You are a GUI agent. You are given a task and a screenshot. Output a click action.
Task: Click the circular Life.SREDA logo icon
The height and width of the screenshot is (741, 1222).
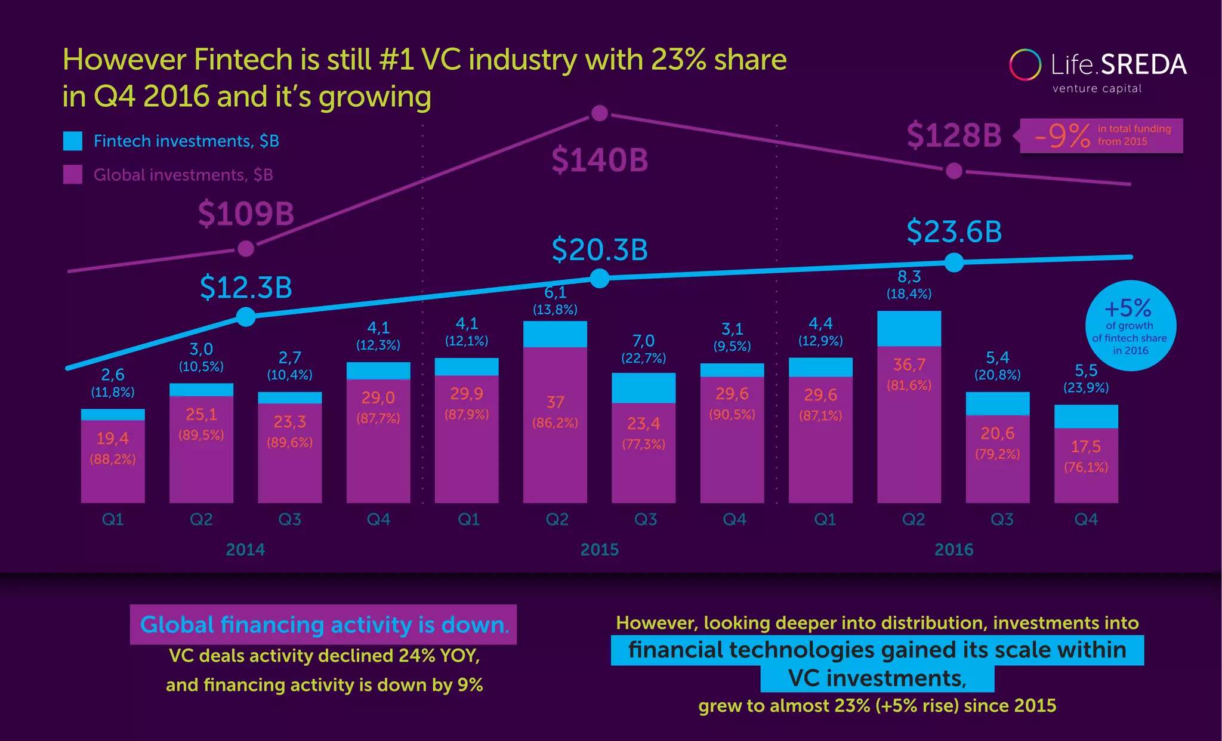pos(1025,64)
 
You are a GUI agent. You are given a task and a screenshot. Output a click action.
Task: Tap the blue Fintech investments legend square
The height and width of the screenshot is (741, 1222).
pos(73,141)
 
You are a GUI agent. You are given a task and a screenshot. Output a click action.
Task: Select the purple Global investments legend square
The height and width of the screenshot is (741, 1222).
pos(73,174)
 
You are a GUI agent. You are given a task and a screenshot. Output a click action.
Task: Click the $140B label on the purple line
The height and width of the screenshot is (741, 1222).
pos(599,160)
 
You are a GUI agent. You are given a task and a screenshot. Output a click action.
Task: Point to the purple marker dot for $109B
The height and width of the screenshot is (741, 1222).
pos(246,248)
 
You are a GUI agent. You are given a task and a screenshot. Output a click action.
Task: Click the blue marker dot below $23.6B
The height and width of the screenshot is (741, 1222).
pos(954,263)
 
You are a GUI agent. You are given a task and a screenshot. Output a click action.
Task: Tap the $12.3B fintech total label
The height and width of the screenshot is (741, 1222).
pos(246,288)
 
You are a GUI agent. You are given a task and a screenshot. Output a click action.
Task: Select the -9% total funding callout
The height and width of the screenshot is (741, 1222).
pos(1101,136)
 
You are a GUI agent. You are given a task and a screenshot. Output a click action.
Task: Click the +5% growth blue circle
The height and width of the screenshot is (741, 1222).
pos(1130,326)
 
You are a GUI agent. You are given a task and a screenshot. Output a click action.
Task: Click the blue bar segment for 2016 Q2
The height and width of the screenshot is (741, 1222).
pos(909,328)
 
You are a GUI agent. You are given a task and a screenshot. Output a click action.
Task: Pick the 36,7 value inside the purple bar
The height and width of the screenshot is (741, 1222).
pos(909,365)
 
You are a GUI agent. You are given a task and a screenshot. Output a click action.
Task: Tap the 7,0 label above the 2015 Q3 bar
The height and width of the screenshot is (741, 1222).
pos(643,341)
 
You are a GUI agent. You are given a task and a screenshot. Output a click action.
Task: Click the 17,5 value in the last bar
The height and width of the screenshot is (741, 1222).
pos(1085,446)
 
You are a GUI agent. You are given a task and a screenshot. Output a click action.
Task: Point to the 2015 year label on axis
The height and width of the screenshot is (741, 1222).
pos(599,549)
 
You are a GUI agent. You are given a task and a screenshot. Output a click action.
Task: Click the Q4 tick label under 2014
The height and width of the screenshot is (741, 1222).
pos(378,520)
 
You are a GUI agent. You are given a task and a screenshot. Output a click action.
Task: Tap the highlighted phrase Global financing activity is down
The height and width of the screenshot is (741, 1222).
pos(323,625)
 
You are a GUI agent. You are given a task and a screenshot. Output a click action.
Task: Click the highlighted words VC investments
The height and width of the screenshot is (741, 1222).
pos(877,678)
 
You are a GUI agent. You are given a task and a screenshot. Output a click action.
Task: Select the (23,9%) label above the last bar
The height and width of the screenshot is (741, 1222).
pos(1085,388)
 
